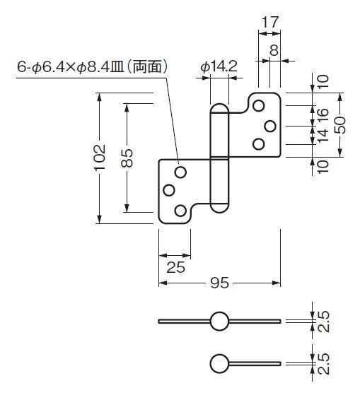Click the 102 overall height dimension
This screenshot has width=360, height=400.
click(100, 157)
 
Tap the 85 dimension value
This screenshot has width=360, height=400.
click(127, 158)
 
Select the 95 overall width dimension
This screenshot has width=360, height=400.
click(219, 283)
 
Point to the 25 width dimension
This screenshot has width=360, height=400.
click(175, 267)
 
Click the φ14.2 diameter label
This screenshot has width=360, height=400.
click(219, 66)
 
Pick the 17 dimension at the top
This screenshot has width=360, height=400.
click(270, 22)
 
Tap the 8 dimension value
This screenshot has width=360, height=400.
click(274, 50)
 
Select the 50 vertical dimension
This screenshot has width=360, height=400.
click(339, 125)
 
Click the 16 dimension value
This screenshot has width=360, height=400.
click(323, 116)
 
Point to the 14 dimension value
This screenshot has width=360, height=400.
click(323, 136)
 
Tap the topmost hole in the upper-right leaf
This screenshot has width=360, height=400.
click(258, 105)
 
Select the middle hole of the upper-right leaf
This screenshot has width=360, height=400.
click(270, 127)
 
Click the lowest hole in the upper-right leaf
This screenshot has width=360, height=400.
click(258, 144)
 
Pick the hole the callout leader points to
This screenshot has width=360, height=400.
click(180, 172)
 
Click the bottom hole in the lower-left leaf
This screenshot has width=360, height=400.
click(180, 211)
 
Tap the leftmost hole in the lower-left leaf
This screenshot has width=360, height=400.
click(169, 190)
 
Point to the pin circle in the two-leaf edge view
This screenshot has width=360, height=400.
click(219, 321)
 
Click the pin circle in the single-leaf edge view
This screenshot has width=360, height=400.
click(219, 364)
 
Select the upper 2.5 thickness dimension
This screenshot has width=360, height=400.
click(323, 321)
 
